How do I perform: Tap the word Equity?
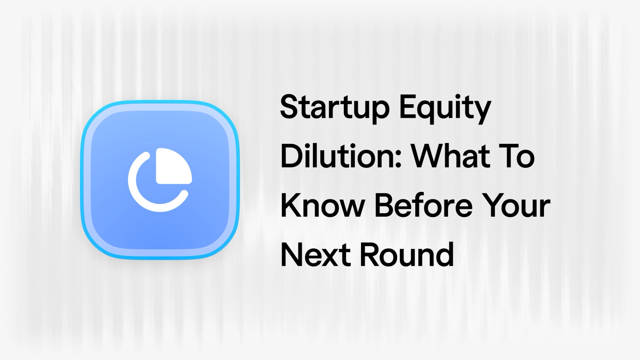click(x=445, y=107)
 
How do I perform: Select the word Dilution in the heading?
click(x=341, y=157)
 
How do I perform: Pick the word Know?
click(x=322, y=206)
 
